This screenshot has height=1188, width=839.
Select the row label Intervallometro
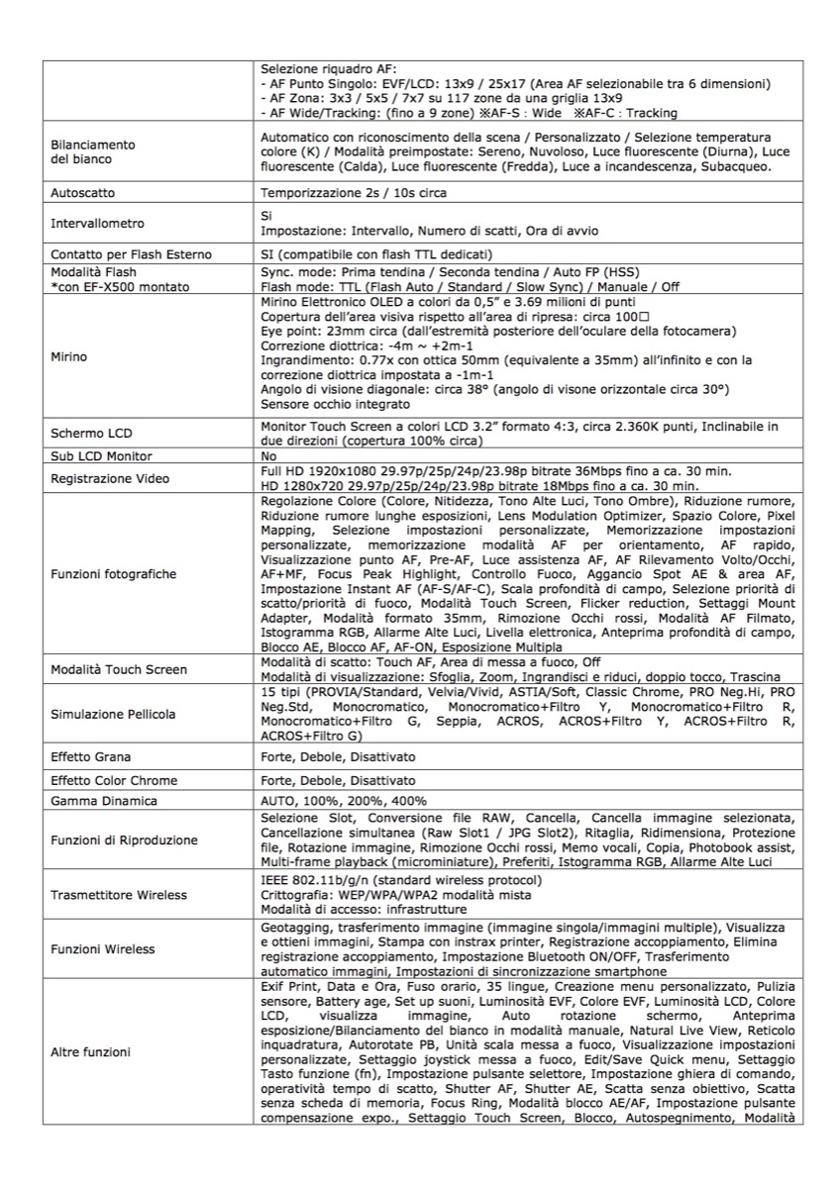(x=97, y=224)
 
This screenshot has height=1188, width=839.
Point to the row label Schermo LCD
(x=91, y=434)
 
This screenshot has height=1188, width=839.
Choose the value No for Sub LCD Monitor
(x=268, y=456)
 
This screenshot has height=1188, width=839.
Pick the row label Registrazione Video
(x=110, y=479)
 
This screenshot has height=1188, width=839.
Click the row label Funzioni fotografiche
(x=113, y=573)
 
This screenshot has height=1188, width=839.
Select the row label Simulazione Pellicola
(x=113, y=714)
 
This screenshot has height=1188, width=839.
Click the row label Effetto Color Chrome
(x=114, y=780)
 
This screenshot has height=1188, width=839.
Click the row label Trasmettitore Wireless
(x=118, y=895)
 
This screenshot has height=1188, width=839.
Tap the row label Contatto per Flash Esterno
(x=126, y=253)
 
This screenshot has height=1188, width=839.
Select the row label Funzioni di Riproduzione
(x=124, y=841)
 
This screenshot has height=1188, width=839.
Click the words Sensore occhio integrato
(x=321, y=404)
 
